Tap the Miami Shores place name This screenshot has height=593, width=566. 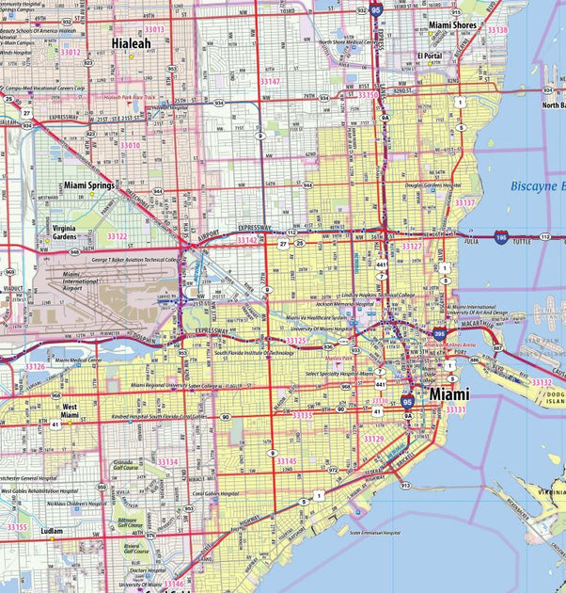(x=453, y=26)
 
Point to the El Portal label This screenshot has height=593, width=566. (x=431, y=56)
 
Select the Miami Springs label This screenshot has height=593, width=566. (x=89, y=186)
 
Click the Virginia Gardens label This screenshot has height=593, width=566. (x=65, y=232)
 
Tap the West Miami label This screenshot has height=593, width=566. (x=70, y=409)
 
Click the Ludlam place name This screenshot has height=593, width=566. (x=52, y=532)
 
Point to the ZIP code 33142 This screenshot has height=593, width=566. (x=246, y=240)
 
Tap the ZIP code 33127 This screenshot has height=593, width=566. (x=412, y=247)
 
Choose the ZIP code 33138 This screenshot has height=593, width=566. (x=496, y=30)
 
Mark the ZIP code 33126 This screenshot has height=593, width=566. (x=35, y=366)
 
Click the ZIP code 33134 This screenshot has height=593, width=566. (x=167, y=462)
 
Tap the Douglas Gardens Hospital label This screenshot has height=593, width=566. (x=432, y=186)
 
